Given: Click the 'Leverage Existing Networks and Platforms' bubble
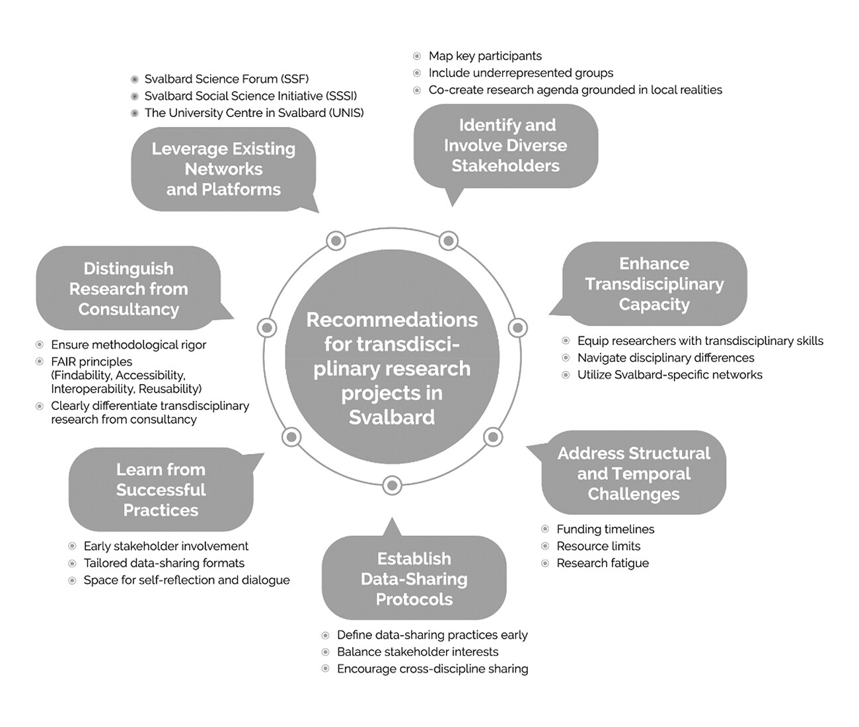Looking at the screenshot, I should pos(223,169).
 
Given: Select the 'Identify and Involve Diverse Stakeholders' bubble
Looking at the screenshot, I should pos(505,145).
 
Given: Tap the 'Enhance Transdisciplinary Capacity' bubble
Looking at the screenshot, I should pos(654,284).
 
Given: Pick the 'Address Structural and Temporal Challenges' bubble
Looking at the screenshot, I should pos(634,473).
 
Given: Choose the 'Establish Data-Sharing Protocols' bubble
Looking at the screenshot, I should pos(414,579).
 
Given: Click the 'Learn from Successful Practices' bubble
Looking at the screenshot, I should pos(161,490).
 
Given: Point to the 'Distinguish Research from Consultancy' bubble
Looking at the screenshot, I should pos(128,289).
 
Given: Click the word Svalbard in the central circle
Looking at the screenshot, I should pos(392,417).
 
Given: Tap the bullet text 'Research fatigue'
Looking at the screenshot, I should pos(603,563).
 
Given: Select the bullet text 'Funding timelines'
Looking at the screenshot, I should pos(605,529).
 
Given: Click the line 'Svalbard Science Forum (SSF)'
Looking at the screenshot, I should pos(227,79).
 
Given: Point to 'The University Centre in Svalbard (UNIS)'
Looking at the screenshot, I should pos(254,113).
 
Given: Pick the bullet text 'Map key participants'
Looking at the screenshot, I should pos(485,56).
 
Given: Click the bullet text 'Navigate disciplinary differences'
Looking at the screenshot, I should pos(665,358).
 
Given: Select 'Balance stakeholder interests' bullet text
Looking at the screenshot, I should pos(418,652).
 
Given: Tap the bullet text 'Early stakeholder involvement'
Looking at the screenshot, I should pos(166,546).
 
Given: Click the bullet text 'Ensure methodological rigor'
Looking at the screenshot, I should pos(128,344).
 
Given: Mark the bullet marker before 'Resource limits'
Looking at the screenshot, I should pos(545,546).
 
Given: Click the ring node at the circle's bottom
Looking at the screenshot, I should pos(392,486).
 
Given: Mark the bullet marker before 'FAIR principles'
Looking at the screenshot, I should pos(40,362).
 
